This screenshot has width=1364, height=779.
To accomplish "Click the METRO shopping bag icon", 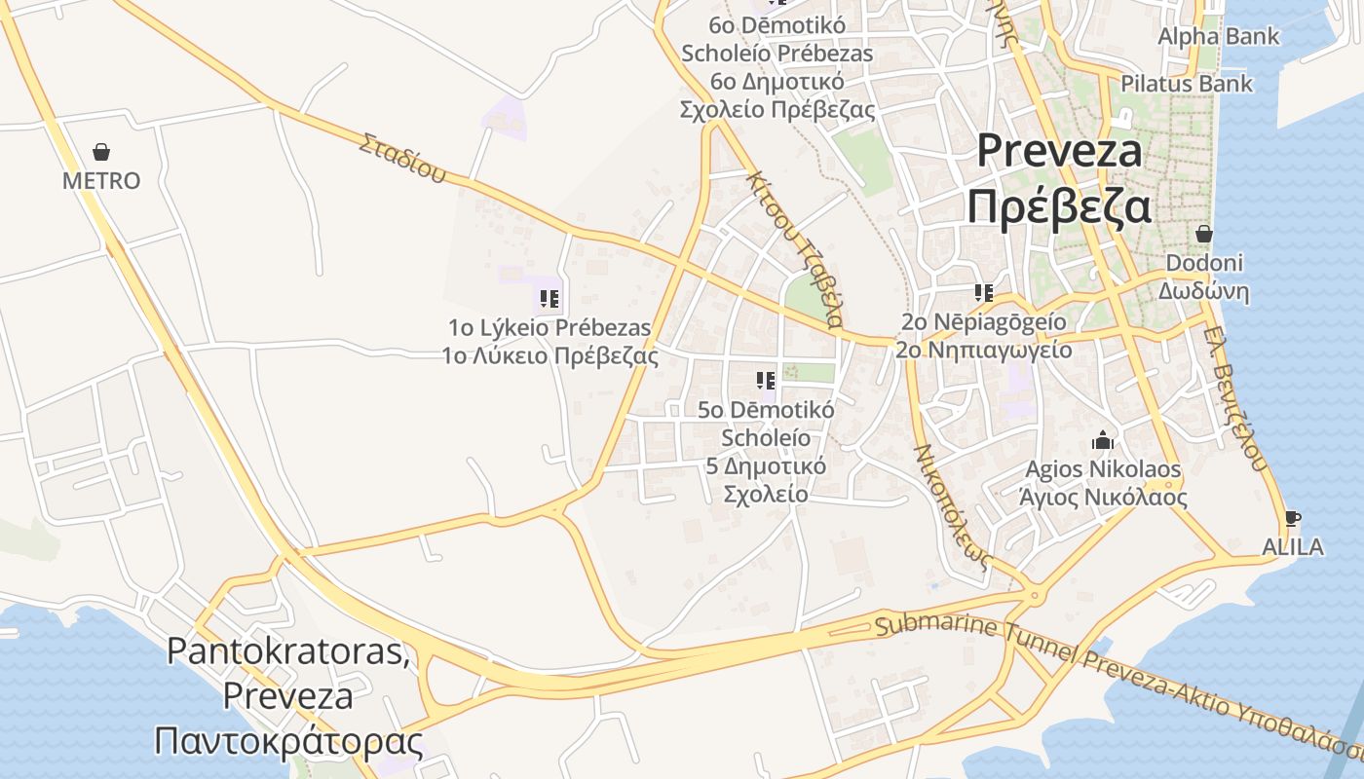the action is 101,152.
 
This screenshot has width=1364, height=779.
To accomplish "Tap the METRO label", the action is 101,181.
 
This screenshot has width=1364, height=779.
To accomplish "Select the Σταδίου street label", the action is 402,159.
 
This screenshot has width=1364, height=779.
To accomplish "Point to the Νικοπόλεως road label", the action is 953,506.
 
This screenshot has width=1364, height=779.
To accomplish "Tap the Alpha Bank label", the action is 1218,37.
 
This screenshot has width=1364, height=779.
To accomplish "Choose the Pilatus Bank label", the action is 1187,84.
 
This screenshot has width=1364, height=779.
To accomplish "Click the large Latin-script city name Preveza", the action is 1059,151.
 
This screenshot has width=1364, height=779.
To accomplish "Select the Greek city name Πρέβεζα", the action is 1059,207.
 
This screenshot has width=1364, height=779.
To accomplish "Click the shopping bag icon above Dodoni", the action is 1204,234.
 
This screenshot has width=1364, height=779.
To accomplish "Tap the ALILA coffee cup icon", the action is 1293,518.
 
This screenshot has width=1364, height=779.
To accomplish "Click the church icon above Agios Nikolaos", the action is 1103,440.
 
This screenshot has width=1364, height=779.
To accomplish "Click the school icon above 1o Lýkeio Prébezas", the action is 549,298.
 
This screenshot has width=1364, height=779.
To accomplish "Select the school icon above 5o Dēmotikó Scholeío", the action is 766,380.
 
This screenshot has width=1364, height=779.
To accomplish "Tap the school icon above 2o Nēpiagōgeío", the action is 984,292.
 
